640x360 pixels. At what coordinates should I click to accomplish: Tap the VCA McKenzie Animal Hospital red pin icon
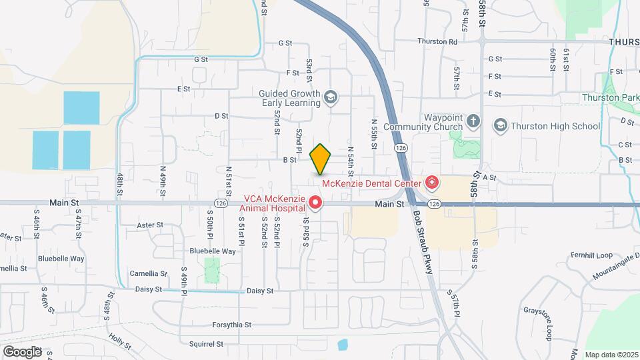(x=317, y=201)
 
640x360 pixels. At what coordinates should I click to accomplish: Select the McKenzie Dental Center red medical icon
(x=431, y=182)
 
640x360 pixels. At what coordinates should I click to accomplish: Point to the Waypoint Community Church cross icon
(x=473, y=121)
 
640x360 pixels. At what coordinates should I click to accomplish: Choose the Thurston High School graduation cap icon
(x=500, y=125)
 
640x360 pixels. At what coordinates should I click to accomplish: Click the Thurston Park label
(x=610, y=97)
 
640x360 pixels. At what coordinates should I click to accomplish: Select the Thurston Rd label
(x=437, y=41)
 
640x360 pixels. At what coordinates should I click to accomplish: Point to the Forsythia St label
(x=231, y=325)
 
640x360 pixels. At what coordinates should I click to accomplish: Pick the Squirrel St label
(x=205, y=344)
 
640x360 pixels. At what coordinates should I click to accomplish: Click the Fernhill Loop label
(x=590, y=255)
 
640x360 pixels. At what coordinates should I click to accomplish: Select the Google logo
(x=22, y=351)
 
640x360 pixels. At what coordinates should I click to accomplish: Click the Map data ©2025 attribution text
(x=611, y=355)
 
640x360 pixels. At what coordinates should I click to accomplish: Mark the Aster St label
(x=150, y=225)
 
